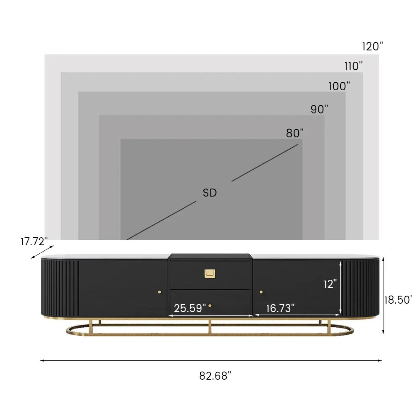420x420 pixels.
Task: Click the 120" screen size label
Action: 372,46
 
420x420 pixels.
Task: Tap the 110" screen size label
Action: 354,66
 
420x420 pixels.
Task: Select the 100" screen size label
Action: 339,86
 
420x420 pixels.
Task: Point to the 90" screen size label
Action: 319,109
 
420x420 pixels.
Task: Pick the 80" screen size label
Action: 295,133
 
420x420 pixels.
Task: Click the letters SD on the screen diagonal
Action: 210,193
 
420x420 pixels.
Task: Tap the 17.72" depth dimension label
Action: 34,241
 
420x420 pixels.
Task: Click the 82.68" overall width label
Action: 215,376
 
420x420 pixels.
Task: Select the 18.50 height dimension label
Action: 398,300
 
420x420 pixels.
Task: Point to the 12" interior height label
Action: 330,284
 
